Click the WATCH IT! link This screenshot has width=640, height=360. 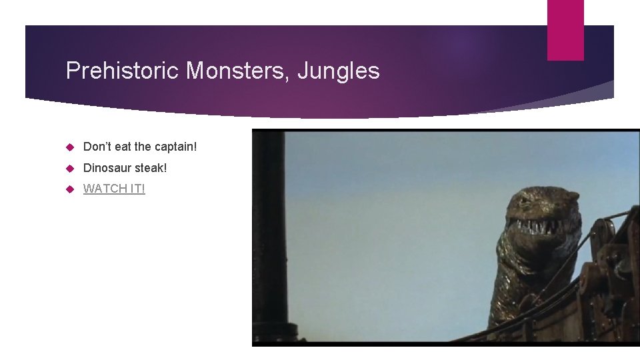(113, 189)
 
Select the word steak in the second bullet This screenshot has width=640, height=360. (152, 168)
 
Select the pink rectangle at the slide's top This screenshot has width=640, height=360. (565, 30)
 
